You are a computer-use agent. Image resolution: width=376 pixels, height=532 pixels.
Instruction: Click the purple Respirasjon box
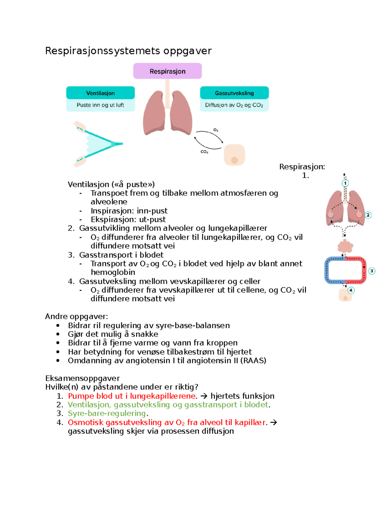(x=167, y=71)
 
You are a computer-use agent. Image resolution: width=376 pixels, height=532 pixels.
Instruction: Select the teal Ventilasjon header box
(x=101, y=93)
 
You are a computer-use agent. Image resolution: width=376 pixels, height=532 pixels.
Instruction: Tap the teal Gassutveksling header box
(x=234, y=93)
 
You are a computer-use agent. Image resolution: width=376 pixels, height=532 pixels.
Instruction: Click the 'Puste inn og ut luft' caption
(x=101, y=105)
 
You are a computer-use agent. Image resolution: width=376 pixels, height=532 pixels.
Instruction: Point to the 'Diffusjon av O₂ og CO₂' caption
(x=234, y=105)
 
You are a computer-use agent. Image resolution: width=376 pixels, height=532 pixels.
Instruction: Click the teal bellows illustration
(x=98, y=144)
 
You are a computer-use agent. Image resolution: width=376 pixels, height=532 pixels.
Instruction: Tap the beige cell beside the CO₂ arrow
(x=234, y=154)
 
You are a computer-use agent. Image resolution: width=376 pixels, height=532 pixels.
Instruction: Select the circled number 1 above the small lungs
(x=345, y=183)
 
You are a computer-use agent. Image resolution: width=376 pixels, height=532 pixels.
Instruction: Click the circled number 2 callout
(x=368, y=215)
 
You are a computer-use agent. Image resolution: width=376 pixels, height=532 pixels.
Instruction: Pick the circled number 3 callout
(x=372, y=271)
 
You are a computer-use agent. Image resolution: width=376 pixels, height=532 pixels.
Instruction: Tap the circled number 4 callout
(x=351, y=290)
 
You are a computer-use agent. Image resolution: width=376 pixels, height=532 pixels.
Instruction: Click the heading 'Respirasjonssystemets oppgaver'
(x=128, y=51)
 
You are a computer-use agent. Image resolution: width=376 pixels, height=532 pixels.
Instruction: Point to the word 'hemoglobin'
(x=113, y=272)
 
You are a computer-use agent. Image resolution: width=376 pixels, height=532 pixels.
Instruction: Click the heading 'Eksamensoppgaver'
(x=82, y=378)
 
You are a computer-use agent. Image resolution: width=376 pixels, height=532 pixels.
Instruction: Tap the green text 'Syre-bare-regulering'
(x=107, y=413)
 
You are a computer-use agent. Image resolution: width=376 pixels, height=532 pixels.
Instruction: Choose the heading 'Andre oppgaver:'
(x=76, y=316)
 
